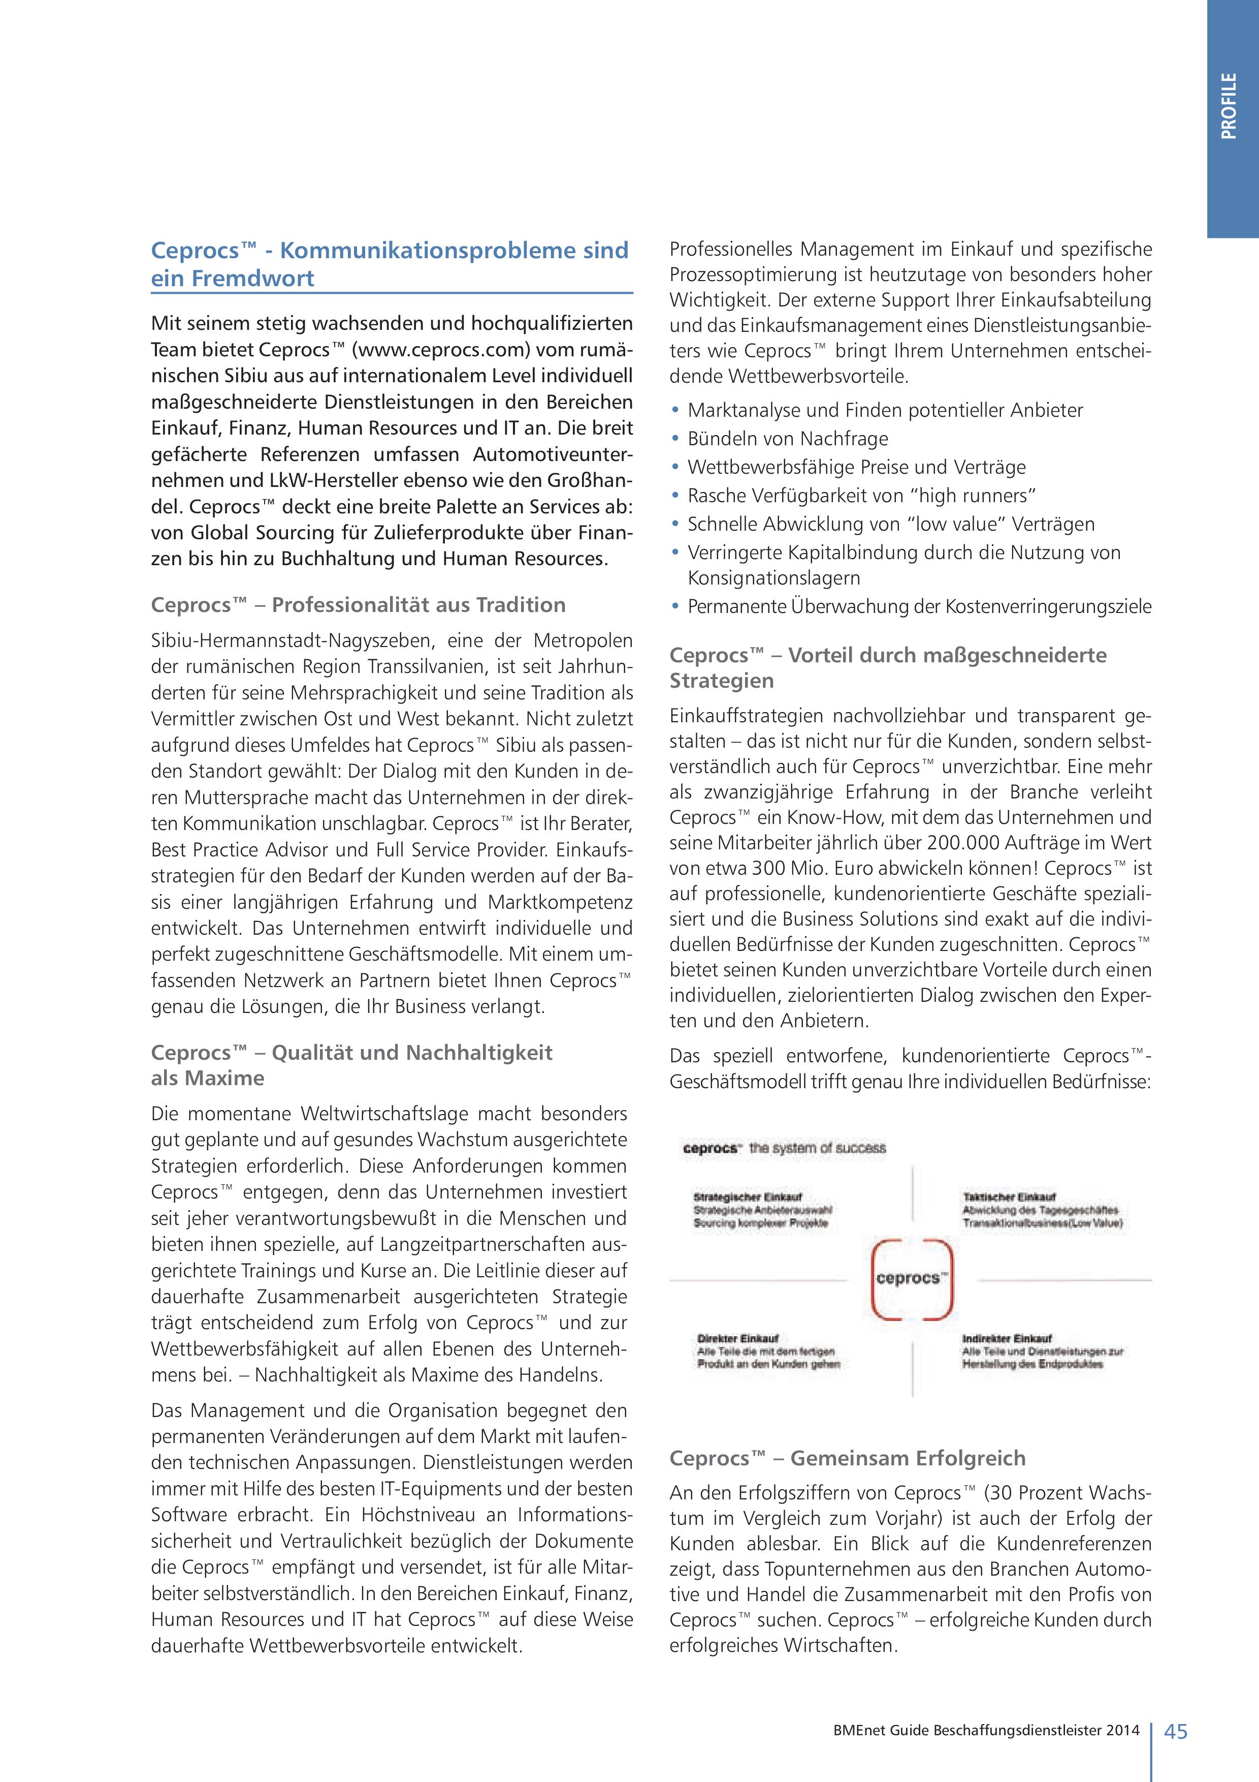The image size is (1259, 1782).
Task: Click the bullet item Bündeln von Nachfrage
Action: pyautogui.click(x=787, y=439)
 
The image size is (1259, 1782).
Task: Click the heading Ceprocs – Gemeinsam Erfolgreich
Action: pyautogui.click(x=847, y=1458)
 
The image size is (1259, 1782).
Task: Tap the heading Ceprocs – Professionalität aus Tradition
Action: pyautogui.click(x=359, y=605)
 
